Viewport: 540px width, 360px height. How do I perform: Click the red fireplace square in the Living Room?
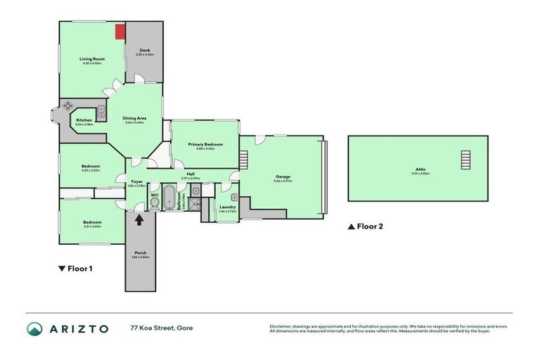point(120,31)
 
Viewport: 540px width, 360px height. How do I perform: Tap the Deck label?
point(144,51)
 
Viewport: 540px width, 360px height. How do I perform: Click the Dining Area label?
point(134,118)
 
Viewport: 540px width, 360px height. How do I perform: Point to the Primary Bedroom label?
point(205,144)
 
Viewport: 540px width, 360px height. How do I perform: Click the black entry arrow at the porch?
point(139,219)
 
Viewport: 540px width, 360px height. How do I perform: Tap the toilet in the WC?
point(154,203)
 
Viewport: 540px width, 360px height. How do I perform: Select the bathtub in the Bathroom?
point(171,199)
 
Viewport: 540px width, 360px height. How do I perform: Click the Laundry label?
point(227,207)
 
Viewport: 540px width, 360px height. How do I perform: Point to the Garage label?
point(283,176)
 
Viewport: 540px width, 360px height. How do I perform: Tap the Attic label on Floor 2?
point(420,169)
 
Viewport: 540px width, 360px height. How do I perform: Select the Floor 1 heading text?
point(80,268)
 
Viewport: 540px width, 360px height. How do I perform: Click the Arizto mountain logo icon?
point(34,328)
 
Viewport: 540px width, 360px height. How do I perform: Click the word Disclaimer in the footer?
point(282,326)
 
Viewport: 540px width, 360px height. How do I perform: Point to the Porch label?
point(139,252)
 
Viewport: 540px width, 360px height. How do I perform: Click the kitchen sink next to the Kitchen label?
point(101,110)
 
